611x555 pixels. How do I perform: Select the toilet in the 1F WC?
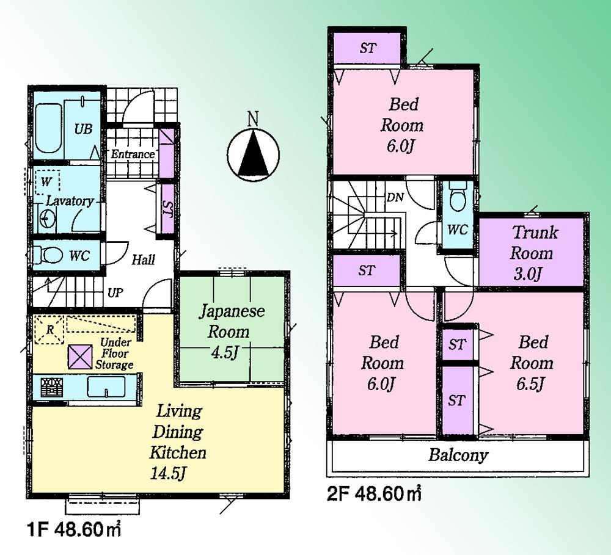(48, 254)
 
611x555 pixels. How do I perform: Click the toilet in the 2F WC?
(456, 197)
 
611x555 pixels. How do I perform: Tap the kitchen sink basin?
(106, 386)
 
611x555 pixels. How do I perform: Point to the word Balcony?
(458, 455)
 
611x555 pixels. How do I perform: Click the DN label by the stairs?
(395, 198)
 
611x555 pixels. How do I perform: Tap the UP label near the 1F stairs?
(115, 293)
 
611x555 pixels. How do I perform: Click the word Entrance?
(132, 154)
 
